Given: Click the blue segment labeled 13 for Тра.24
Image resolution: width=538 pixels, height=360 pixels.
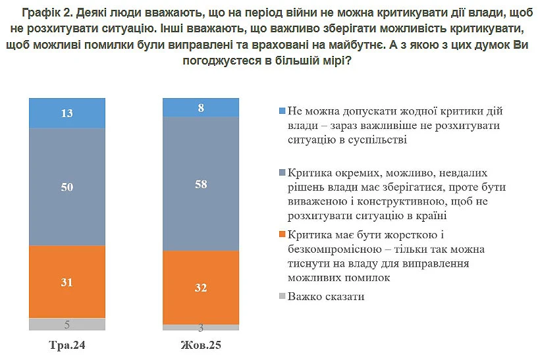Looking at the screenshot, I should click(67, 113).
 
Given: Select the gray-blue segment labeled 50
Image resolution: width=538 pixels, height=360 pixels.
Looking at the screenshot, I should click(67, 187).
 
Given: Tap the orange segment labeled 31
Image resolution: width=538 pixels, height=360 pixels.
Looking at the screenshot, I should click(67, 282).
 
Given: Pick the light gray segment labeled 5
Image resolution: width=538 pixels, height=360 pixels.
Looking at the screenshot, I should click(67, 324).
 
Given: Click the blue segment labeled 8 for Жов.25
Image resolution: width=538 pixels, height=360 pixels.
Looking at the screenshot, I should click(200, 107).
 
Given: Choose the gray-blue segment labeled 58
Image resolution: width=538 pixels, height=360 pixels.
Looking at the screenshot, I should click(200, 184).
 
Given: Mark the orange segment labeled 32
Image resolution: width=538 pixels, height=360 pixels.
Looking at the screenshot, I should click(200, 287).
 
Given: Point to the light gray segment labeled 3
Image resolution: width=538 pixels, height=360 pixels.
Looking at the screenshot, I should click(200, 327).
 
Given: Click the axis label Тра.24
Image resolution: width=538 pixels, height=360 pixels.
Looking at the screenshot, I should click(67, 345).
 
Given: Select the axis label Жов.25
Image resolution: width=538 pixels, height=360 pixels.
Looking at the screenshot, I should click(200, 345).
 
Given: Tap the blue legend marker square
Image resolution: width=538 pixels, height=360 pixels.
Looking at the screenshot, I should click(281, 111).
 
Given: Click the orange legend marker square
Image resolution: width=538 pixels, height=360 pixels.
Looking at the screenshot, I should click(281, 235).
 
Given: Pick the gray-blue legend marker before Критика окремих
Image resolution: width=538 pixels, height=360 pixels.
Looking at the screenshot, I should click(281, 172).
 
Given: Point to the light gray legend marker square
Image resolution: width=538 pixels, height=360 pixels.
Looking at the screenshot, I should click(281, 297).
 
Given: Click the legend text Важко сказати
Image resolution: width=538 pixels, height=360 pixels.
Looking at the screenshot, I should click(325, 297).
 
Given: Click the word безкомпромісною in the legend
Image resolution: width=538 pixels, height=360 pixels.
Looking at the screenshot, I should click(333, 249).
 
